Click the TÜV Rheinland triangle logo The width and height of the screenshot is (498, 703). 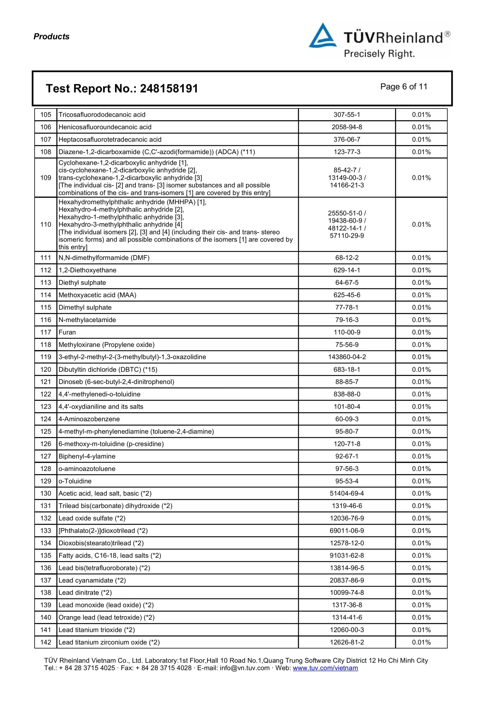pyautogui.click(x=322, y=36)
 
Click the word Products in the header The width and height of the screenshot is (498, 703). pyautogui.click(x=51, y=37)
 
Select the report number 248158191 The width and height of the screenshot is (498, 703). pyautogui.click(x=169, y=89)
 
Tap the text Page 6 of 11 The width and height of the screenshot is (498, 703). pyautogui.click(x=404, y=87)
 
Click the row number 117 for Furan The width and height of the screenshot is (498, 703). pyautogui.click(x=46, y=332)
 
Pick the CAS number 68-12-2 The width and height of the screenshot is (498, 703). pyautogui.click(x=347, y=258)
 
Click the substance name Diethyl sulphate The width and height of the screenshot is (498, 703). pyautogui.click(x=82, y=283)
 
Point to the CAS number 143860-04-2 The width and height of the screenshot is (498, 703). pyautogui.click(x=347, y=357)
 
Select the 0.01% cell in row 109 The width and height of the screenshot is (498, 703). pyautogui.click(x=421, y=178)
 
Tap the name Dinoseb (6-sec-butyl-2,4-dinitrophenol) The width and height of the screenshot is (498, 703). pyautogui.click(x=116, y=382)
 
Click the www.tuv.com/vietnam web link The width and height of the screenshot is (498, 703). pyautogui.click(x=325, y=668)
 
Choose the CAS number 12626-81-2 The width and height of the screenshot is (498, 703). pyautogui.click(x=347, y=642)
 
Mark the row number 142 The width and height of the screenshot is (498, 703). pyautogui.click(x=46, y=642)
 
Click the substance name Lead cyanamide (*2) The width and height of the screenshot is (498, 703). pyautogui.click(x=92, y=580)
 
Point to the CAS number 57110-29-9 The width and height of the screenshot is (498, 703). pyautogui.click(x=347, y=236)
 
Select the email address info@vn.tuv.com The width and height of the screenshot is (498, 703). pyautogui.click(x=245, y=668)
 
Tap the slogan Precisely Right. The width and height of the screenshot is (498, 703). pyautogui.click(x=379, y=54)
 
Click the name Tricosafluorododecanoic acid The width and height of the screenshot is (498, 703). pyautogui.click(x=102, y=115)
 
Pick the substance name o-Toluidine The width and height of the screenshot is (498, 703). pyautogui.click(x=75, y=481)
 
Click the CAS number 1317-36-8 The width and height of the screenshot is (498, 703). pyautogui.click(x=347, y=605)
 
